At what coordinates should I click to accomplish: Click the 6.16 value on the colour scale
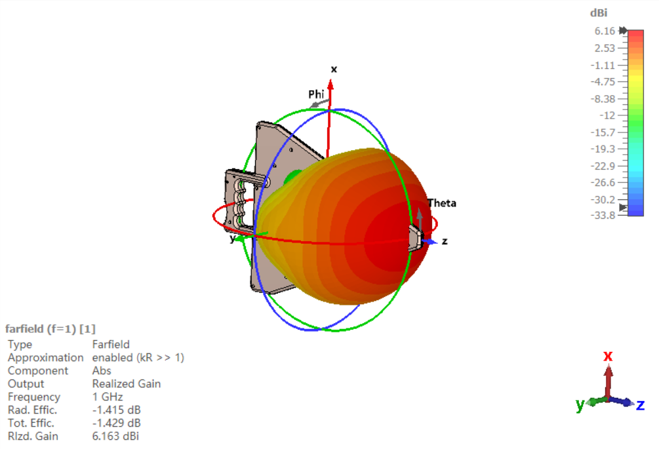click(x=605, y=31)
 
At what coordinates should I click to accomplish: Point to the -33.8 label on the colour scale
click(x=603, y=216)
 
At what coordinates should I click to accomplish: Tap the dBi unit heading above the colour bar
click(x=599, y=13)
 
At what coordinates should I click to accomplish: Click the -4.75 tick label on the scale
click(x=603, y=82)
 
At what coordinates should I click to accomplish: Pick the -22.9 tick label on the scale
click(x=603, y=166)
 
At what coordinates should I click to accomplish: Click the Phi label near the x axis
click(x=316, y=94)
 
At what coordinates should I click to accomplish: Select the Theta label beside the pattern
click(x=442, y=203)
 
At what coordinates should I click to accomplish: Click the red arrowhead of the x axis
click(x=330, y=85)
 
